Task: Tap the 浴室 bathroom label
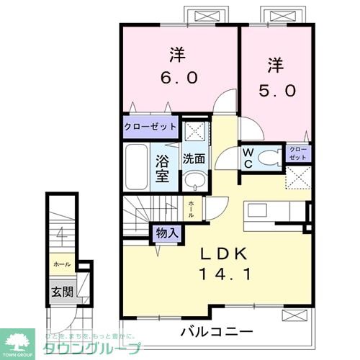point(162,166)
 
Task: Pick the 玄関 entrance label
point(61,292)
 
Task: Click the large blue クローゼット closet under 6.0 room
point(150,127)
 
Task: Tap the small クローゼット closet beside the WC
point(298,153)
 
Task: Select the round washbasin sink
point(193,180)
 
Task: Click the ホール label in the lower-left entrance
point(62,264)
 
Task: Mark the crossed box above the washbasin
point(192,131)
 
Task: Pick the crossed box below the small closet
point(299,176)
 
